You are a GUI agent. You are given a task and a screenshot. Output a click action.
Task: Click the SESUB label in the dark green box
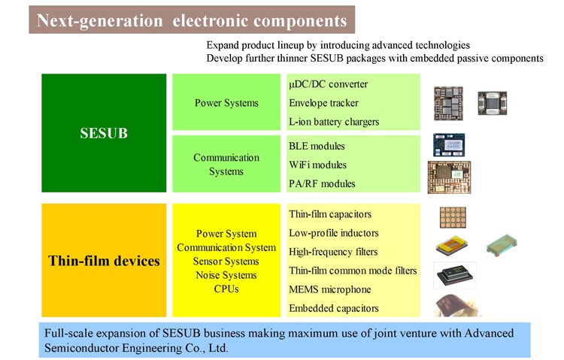coord(104,133)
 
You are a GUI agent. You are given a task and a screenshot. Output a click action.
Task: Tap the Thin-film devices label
coord(104,261)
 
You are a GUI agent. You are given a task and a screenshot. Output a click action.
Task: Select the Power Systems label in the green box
coord(226,103)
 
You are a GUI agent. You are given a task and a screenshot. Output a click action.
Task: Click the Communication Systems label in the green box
coord(226,165)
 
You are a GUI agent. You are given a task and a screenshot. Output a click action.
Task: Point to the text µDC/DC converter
coord(328,84)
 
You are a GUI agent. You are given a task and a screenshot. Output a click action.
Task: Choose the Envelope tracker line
coord(323,103)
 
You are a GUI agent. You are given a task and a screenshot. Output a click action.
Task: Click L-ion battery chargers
coord(334,122)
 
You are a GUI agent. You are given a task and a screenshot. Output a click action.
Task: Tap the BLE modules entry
coord(317,146)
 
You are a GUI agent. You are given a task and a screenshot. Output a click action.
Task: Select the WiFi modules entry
coord(317,165)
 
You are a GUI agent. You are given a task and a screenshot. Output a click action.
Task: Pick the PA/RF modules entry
coord(322,184)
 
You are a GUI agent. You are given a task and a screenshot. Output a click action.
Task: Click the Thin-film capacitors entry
coord(330,214)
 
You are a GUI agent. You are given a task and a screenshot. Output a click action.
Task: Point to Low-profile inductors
coord(334,233)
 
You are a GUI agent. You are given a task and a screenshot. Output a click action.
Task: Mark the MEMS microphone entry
coord(330,289)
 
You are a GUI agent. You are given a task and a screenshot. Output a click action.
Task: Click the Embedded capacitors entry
coord(334,308)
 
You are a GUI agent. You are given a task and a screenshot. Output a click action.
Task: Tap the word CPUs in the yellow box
coord(226,289)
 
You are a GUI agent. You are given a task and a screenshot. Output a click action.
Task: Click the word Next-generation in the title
coord(99,20)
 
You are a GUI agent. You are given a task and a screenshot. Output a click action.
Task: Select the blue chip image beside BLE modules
coord(449,144)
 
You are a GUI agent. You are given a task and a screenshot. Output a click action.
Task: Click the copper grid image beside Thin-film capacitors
coord(453,217)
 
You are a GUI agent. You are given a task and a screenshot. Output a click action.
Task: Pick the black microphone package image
coord(455,275)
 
